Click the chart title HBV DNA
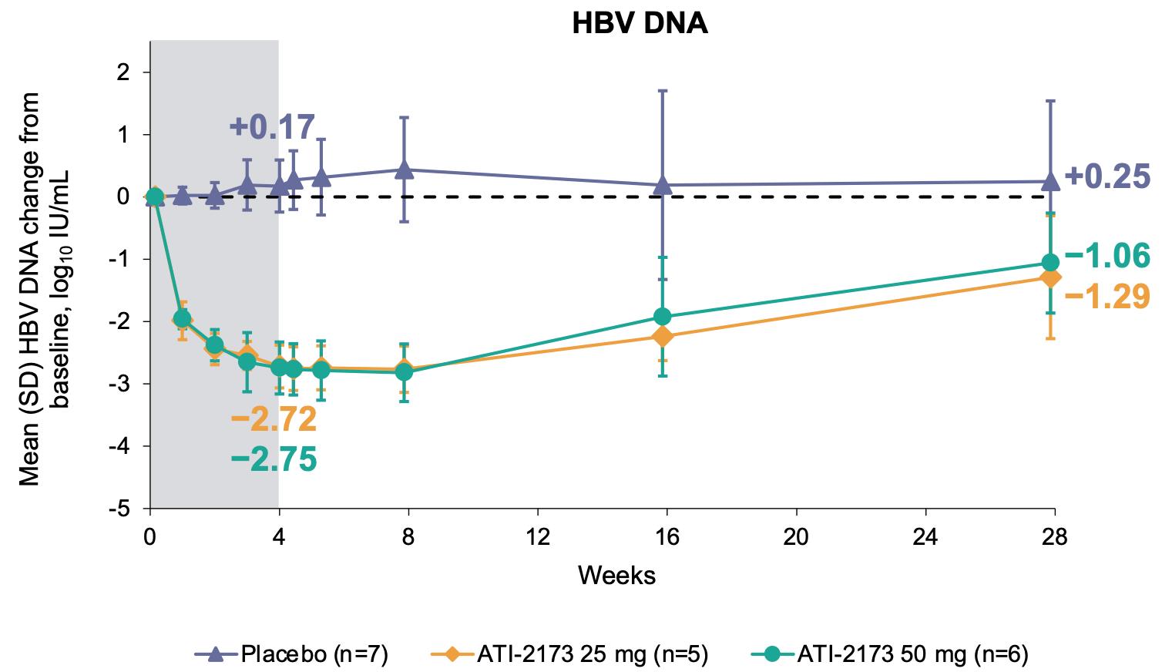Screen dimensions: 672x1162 point(639,24)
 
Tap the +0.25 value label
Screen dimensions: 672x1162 point(1107,176)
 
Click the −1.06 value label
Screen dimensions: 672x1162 point(1107,256)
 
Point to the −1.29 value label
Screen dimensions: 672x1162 point(1107,295)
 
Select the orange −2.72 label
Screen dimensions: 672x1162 point(274,420)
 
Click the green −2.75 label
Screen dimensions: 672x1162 point(274,459)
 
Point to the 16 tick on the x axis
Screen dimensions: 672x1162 point(667,537)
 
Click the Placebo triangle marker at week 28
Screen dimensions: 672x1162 point(1049,181)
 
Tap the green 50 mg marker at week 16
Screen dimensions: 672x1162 point(662,316)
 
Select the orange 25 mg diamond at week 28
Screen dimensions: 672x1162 point(1049,277)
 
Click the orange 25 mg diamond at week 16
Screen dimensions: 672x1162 point(662,336)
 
